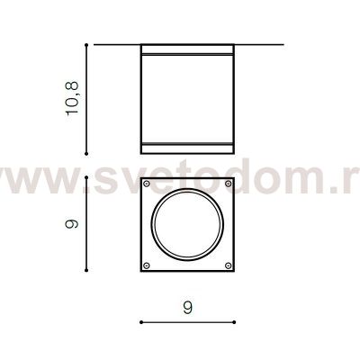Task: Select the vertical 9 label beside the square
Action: click(73, 222)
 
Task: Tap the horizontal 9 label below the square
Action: click(188, 307)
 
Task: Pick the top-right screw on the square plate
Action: click(229, 184)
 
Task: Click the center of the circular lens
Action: click(188, 224)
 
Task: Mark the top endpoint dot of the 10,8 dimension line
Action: click(86, 43)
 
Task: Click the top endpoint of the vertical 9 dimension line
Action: click(86, 177)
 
